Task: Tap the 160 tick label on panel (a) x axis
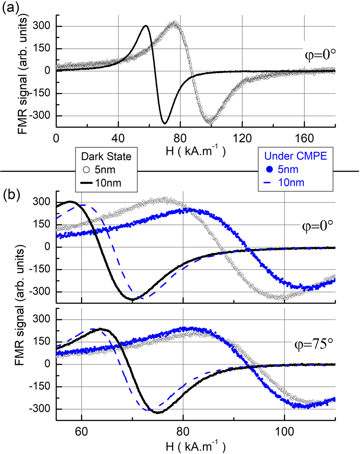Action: pos(305,138)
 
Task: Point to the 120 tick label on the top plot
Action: pos(242,138)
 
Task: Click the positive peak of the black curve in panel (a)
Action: pos(146,26)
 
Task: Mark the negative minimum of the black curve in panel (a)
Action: pos(165,123)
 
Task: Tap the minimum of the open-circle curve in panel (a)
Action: pos(209,122)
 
